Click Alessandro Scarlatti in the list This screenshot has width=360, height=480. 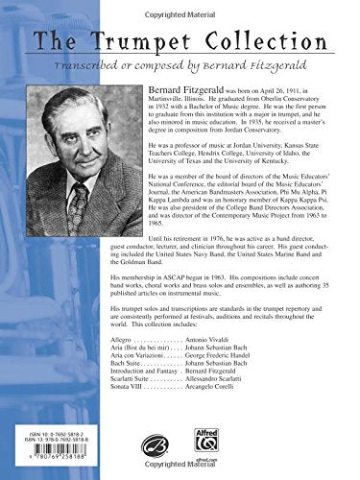(x=187, y=414)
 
